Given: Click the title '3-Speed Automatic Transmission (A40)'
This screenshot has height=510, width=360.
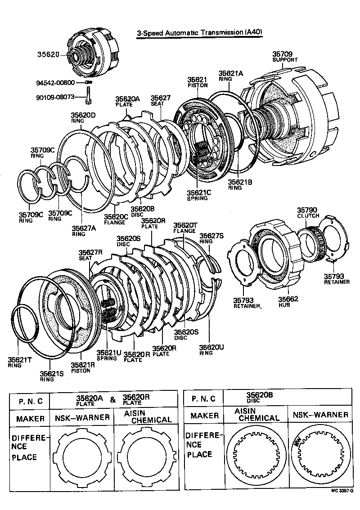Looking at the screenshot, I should click(x=199, y=33).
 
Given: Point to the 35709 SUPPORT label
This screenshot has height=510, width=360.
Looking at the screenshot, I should click(x=285, y=57).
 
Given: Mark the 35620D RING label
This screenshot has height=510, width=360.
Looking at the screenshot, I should click(x=83, y=117).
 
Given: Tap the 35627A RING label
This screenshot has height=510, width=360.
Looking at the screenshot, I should click(x=84, y=230).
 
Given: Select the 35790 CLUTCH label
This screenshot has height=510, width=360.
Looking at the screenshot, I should click(x=308, y=212).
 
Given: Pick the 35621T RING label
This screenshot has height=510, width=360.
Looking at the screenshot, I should click(x=20, y=362).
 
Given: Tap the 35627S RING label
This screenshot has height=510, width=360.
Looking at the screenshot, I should click(x=211, y=237).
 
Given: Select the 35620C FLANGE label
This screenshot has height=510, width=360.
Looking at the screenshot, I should click(x=116, y=219).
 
